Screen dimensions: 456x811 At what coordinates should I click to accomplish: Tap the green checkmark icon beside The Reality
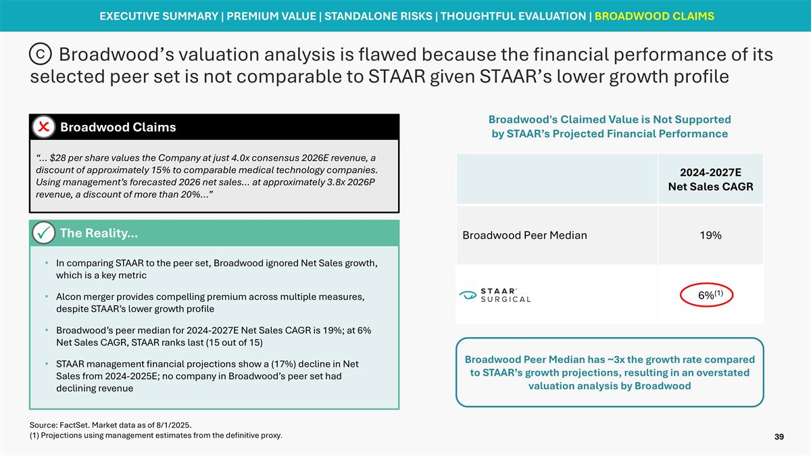point(44,234)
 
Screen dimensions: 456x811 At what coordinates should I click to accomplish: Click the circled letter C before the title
point(41,53)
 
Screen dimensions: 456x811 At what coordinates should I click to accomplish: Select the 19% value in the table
point(710,235)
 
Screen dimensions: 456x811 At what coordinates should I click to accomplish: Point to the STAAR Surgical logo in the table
point(495,295)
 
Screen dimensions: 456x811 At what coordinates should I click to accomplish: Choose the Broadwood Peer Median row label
point(524,235)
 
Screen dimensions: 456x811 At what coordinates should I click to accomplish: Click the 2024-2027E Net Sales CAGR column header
point(710,179)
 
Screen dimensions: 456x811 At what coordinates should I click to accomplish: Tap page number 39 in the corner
point(779,438)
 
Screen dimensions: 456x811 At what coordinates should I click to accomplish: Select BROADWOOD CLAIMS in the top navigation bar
point(654,16)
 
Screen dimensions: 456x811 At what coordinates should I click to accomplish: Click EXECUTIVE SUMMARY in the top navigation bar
point(158,16)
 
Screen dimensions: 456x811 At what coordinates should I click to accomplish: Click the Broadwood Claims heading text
point(118,127)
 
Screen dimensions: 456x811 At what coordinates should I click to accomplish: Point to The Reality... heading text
point(99,233)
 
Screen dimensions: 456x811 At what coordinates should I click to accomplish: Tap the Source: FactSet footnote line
point(111,425)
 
